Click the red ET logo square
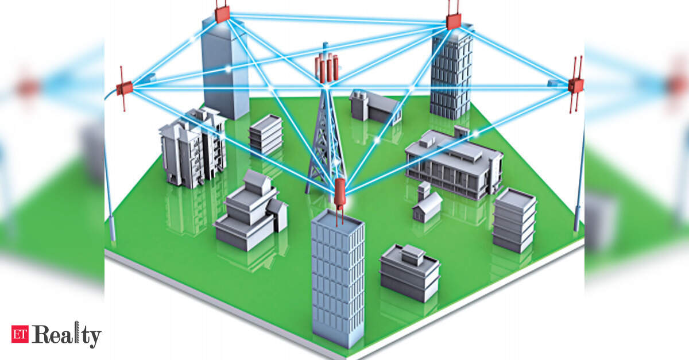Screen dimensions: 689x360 20,334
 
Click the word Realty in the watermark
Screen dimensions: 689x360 66,335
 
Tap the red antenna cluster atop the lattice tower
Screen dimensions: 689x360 327,68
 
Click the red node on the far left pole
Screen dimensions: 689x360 125,88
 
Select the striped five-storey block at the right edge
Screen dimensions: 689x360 514,220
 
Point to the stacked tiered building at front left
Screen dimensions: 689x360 251,210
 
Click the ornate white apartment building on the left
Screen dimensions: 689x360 193,148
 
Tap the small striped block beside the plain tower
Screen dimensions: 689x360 265,134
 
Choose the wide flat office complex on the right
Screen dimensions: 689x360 454,165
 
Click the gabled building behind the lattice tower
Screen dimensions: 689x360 376,106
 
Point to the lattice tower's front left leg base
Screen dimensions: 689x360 308,192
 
